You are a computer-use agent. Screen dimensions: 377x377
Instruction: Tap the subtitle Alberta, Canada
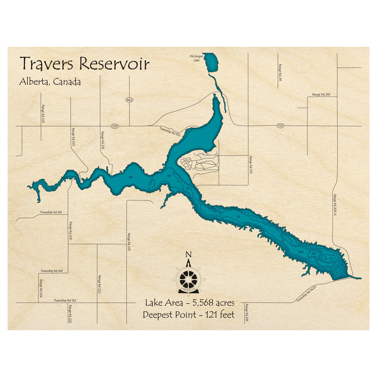(x=50, y=82)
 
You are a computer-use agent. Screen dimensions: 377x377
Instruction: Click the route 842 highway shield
(x=129, y=100)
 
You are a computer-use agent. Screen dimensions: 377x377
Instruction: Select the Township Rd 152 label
(x=169, y=131)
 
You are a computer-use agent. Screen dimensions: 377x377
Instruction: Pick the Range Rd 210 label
(x=321, y=94)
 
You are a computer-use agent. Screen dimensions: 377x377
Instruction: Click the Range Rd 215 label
(x=247, y=313)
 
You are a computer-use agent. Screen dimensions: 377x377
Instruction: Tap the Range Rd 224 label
(x=41, y=288)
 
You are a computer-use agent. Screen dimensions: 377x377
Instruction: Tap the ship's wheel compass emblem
(x=188, y=279)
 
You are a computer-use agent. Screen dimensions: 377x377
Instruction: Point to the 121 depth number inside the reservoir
(x=337, y=267)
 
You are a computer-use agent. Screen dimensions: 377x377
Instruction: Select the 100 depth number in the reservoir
(x=300, y=252)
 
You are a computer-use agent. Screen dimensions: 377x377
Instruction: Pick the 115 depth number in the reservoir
(x=313, y=254)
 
